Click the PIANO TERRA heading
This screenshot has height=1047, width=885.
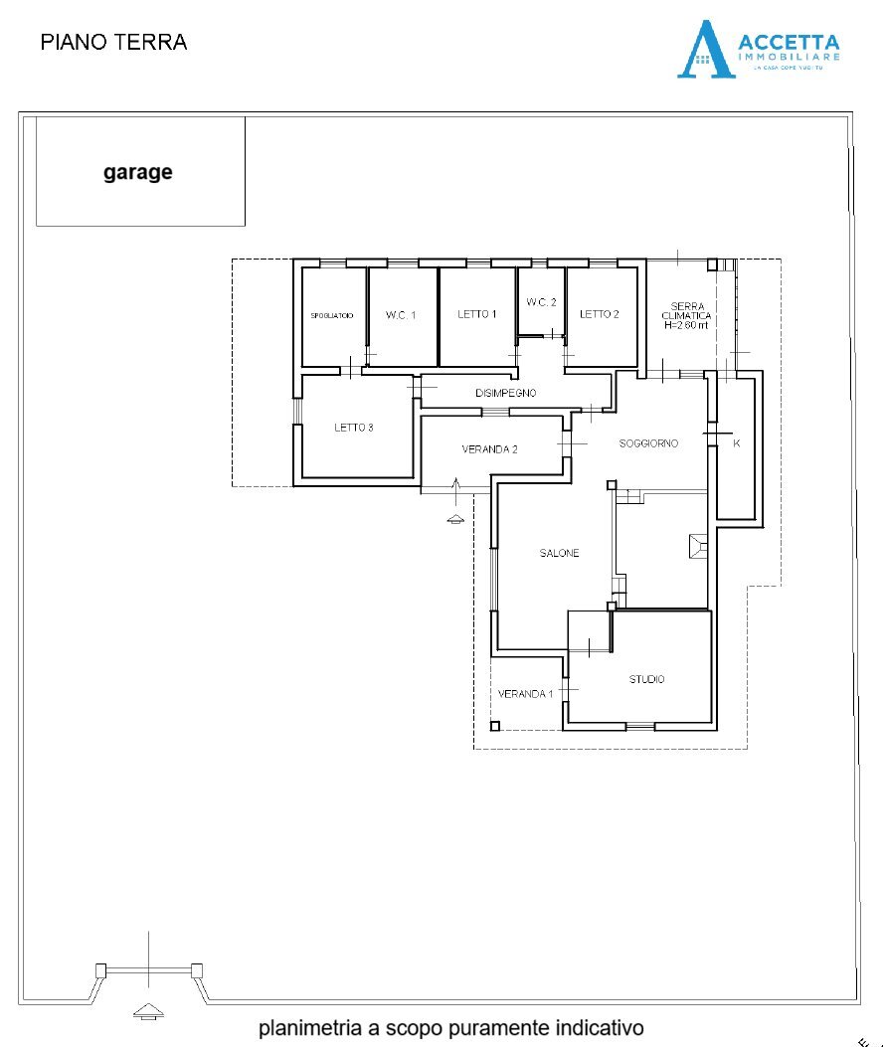tap(113, 42)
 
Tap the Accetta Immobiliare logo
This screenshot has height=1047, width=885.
tap(758, 49)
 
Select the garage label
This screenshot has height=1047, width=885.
tap(138, 172)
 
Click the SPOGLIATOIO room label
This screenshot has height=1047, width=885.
tap(332, 315)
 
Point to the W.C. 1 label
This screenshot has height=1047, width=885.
tap(401, 315)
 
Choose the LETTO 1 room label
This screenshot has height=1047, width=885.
tap(477, 314)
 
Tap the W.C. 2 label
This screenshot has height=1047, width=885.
tap(541, 302)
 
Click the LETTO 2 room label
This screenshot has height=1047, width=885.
tap(600, 314)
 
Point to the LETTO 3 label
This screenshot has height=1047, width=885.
tap(353, 428)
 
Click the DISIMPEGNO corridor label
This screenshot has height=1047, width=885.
tap(505, 393)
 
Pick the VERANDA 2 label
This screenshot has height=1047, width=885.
tap(489, 449)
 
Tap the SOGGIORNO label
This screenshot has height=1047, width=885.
tap(648, 442)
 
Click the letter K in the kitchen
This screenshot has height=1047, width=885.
tap(736, 443)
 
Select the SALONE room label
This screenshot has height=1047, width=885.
tap(559, 553)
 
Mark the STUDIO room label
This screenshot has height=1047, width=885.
tap(646, 679)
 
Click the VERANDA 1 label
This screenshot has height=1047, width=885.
tap(525, 693)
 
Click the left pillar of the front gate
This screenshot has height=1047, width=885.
tap(99, 969)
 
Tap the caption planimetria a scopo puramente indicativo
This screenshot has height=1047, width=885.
tap(451, 1027)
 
